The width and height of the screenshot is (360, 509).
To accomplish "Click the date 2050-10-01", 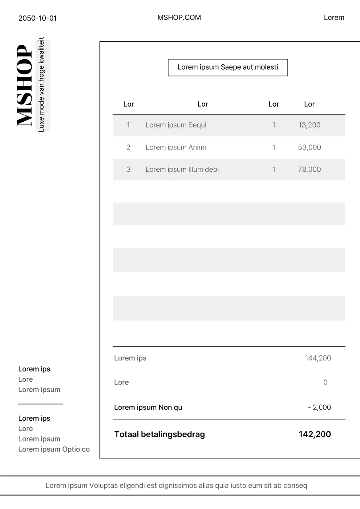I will (37, 18).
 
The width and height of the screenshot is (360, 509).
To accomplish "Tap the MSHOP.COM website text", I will (179, 17).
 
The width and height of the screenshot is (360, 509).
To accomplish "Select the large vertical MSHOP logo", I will (25, 85).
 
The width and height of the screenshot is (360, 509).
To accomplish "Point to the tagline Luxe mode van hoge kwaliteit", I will (41, 85).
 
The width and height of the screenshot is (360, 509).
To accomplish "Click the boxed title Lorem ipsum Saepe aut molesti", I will (228, 67).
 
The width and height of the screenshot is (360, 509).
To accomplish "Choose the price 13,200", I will (309, 125).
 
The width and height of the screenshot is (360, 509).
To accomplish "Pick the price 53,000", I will (309, 147).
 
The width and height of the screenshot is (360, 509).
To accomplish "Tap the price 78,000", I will (309, 169).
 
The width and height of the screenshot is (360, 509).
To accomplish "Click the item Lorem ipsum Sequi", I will (176, 125).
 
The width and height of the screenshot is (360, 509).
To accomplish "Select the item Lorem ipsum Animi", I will (175, 147).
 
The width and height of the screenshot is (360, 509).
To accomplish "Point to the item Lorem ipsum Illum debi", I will (182, 169).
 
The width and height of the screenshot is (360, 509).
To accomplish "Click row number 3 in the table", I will (128, 169).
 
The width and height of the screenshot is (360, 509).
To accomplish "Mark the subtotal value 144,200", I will (318, 358).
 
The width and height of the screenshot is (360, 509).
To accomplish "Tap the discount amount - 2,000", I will (319, 407).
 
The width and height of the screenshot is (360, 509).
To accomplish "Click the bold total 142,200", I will (315, 434).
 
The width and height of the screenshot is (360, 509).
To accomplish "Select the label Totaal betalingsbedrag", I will (160, 434).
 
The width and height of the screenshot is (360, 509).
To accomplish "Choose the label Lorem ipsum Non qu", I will (148, 407).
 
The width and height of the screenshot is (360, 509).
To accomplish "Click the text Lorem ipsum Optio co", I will (54, 449).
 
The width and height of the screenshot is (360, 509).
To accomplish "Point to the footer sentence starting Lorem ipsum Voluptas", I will (176, 486).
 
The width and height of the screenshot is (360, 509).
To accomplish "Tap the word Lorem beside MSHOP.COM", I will (334, 17).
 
